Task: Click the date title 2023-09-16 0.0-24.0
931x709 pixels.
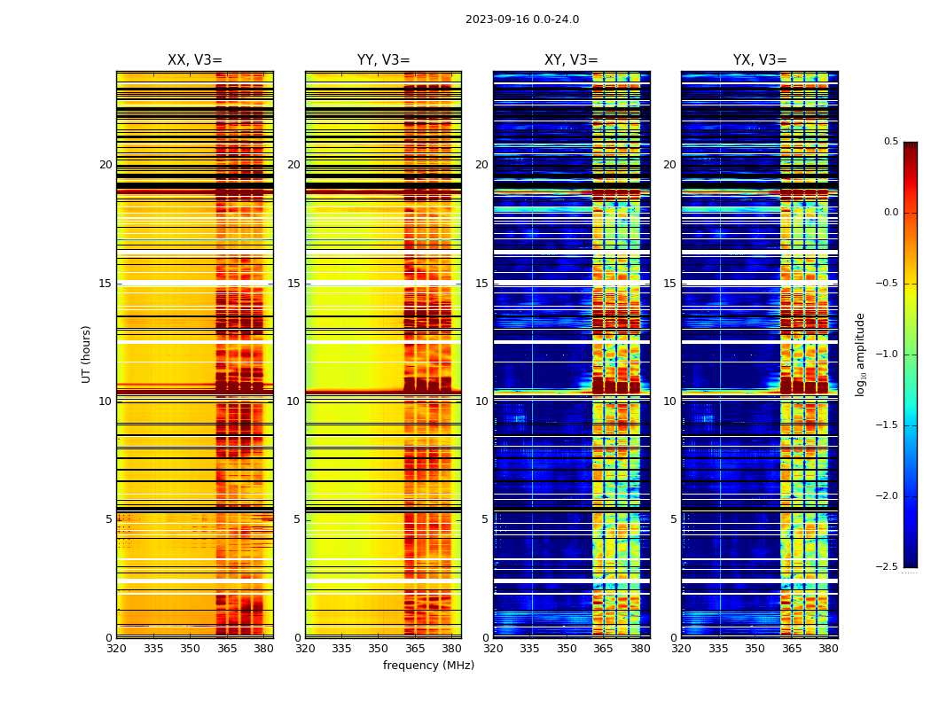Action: point(522,19)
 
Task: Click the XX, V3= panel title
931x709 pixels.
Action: point(195,60)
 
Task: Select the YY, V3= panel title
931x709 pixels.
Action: point(383,60)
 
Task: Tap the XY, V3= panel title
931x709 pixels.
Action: point(571,60)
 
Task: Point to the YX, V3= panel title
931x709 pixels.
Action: point(760,60)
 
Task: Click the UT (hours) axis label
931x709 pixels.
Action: point(87,354)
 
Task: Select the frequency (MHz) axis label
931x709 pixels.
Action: point(428,666)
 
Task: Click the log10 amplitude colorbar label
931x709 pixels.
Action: point(860,354)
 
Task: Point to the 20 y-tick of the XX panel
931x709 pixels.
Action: point(106,165)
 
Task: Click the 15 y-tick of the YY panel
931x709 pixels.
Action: point(293,284)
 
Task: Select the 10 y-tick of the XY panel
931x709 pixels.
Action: point(481,401)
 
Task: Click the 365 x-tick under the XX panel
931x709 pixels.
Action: point(227,649)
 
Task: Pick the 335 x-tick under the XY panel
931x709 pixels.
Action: point(530,649)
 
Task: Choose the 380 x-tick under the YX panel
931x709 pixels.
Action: point(828,649)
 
